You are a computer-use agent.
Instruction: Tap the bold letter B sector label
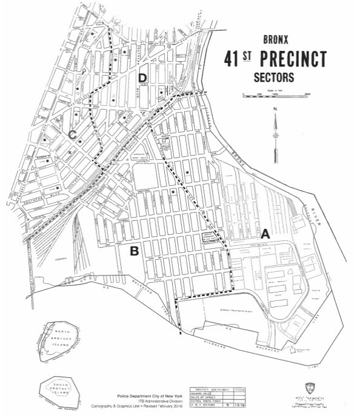click(136, 249)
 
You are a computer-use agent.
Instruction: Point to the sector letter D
click(142, 78)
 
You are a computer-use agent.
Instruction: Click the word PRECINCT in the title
click(293, 60)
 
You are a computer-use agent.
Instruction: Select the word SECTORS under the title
click(274, 78)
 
